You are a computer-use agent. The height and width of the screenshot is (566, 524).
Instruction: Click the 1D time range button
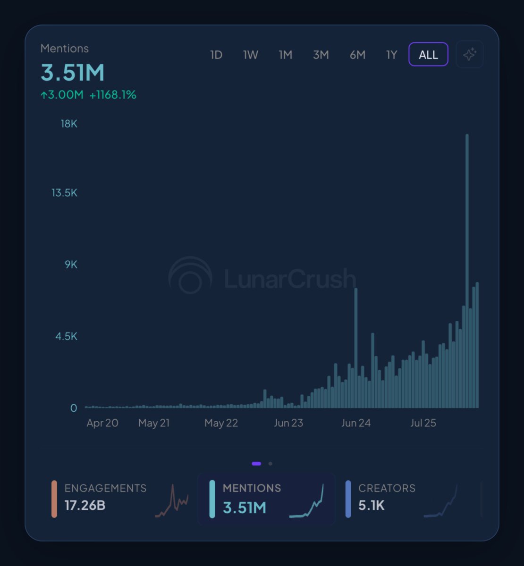pos(216,55)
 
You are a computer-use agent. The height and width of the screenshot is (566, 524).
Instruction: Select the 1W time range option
pos(251,55)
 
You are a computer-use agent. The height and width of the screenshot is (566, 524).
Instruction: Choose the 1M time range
pos(286,55)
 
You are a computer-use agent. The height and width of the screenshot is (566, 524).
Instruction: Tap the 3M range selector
pos(321,55)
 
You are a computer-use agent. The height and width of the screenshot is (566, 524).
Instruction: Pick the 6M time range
pos(357,55)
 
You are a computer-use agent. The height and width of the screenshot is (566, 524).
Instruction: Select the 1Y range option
pos(392,55)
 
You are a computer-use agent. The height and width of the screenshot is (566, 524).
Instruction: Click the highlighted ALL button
pos(428,55)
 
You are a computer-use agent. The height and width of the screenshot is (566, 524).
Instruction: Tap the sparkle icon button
pos(469,55)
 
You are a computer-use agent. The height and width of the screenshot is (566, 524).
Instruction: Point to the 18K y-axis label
pos(69,124)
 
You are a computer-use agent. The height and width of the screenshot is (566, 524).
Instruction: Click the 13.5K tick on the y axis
pos(65,193)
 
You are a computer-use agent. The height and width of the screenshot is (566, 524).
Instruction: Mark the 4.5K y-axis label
pos(67,336)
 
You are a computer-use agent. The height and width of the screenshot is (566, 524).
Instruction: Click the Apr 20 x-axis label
pos(102,423)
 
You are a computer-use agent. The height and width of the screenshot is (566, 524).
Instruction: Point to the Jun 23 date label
pos(288,423)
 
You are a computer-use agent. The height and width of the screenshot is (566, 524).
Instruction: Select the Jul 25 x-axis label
pos(423,423)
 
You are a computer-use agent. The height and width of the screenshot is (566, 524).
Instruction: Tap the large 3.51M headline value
pos(73,73)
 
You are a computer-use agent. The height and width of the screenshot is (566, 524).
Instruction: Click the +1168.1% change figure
pos(113,95)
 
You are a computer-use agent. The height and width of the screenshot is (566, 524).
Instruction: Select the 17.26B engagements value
pos(85,506)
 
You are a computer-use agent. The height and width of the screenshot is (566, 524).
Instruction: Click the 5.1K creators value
pos(372,506)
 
